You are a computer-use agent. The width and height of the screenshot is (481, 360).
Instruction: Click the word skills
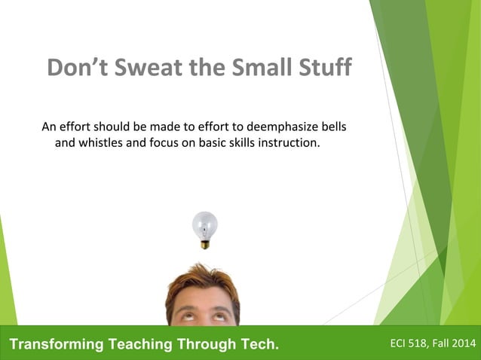(239, 141)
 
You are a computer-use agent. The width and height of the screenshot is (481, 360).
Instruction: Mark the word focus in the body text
(164, 141)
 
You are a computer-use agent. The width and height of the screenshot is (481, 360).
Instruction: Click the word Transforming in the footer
(56, 345)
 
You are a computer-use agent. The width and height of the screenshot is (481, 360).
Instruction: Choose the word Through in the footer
(204, 345)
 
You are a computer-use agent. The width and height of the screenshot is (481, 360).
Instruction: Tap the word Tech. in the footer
(257, 345)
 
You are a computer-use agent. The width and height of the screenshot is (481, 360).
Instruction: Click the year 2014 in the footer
(462, 344)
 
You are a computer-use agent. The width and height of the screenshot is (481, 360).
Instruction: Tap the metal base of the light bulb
(204, 243)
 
